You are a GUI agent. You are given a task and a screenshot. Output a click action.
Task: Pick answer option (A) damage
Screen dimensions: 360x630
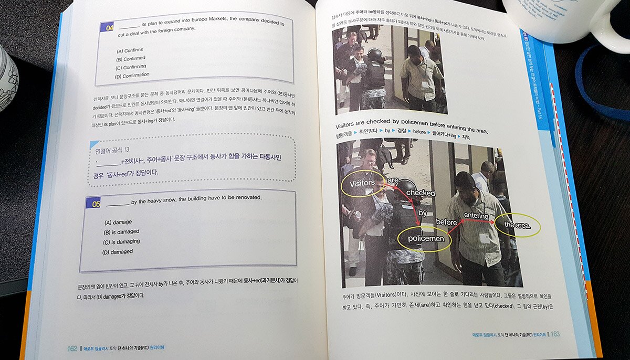[x=118, y=222]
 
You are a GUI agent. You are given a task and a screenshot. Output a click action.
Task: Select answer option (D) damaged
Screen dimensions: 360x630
[x=118, y=252]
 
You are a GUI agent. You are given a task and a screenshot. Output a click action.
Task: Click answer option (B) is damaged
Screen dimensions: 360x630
[x=121, y=232]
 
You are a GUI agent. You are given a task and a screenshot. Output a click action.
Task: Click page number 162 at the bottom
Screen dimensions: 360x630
[x=72, y=348]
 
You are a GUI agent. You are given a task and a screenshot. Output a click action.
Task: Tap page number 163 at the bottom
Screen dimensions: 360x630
[x=555, y=334]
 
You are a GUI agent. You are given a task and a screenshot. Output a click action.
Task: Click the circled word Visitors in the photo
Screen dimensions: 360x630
[x=362, y=183]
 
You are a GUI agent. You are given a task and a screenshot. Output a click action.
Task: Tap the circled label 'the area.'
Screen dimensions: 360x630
[x=518, y=225]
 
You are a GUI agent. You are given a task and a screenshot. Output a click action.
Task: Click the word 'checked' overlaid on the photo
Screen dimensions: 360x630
[x=421, y=193]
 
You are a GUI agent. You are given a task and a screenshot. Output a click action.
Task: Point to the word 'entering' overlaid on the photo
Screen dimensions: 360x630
[x=476, y=216]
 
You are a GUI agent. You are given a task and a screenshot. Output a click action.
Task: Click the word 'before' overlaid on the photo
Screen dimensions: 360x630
[x=446, y=222]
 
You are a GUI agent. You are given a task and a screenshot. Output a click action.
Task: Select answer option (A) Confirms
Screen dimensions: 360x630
[x=128, y=50]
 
